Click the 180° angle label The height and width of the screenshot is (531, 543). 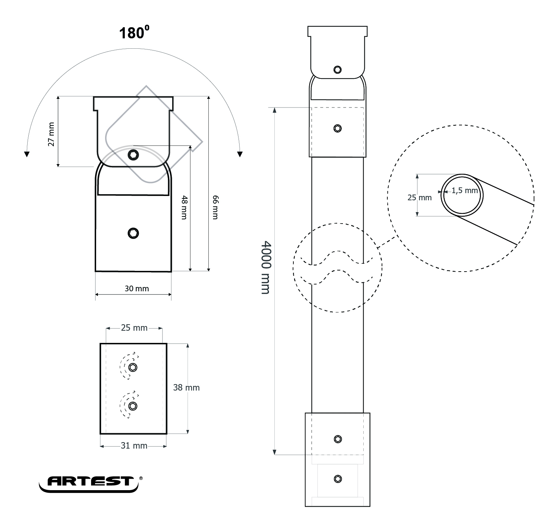(x=134, y=33)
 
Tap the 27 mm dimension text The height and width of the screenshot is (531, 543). (x=51, y=134)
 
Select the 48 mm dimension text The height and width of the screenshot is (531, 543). (x=184, y=207)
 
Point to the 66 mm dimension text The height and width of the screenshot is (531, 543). (x=215, y=207)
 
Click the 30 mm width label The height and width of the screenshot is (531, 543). (x=137, y=288)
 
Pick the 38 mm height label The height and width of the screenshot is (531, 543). (x=186, y=387)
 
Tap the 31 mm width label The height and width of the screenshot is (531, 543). (x=134, y=446)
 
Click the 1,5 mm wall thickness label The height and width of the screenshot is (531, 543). (x=464, y=191)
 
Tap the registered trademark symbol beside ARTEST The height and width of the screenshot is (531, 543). (x=141, y=478)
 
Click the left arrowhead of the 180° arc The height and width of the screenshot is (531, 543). (x=26, y=154)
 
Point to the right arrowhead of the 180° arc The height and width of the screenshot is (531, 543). (x=240, y=154)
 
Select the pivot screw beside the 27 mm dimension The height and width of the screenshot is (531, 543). (x=133, y=155)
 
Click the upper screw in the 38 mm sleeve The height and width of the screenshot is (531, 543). (x=133, y=367)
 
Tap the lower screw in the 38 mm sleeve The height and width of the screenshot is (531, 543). (x=133, y=406)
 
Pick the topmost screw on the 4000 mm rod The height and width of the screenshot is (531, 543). (x=337, y=70)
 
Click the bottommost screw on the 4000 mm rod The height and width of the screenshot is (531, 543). (x=337, y=479)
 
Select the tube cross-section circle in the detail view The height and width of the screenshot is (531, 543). (x=462, y=195)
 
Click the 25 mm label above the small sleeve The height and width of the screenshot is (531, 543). (x=134, y=328)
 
